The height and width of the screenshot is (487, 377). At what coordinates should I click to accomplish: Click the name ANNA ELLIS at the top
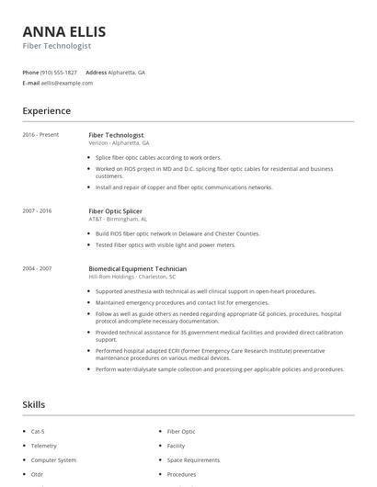point(63,30)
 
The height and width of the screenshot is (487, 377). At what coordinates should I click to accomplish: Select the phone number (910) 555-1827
point(59,72)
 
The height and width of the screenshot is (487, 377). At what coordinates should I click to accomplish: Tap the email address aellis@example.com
point(67,83)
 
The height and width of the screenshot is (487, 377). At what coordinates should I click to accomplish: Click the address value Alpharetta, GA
point(126,72)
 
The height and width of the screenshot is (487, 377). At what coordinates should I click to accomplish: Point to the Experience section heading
point(46,111)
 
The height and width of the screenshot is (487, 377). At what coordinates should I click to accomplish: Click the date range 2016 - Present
point(40,135)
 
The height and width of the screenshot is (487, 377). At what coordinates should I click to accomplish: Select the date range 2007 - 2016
point(38,211)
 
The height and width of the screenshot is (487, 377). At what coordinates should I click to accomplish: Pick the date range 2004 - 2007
point(38,269)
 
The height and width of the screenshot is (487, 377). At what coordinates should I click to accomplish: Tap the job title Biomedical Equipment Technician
point(137,269)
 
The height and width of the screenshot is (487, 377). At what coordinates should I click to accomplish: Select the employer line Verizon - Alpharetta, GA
point(119,143)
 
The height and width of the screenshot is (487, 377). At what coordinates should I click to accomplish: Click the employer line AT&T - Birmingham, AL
point(118,220)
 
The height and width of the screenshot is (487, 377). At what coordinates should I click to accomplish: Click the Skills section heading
point(33,404)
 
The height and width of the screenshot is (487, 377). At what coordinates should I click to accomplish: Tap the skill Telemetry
point(45,446)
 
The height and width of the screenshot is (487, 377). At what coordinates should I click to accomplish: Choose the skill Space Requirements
point(193,460)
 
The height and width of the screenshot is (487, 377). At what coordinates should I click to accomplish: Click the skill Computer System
point(53,460)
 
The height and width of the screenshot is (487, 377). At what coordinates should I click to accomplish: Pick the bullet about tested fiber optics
point(166,245)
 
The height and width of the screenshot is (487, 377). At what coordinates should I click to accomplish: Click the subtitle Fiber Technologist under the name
point(57,45)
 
